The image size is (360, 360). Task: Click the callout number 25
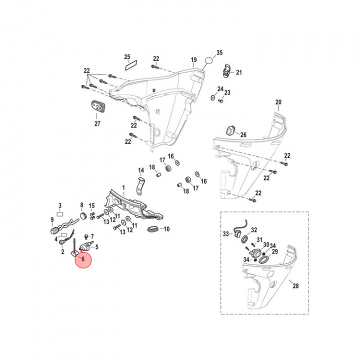[x=127, y=56]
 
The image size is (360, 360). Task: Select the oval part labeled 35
[x=208, y=61]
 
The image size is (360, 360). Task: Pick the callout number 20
[x=278, y=102]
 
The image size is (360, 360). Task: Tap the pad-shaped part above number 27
[x=97, y=107]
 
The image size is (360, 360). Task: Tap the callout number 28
[x=296, y=286]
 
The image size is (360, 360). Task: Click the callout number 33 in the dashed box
[x=225, y=234]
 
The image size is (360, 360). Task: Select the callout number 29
[x=274, y=251]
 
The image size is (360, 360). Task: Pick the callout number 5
[x=96, y=246]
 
